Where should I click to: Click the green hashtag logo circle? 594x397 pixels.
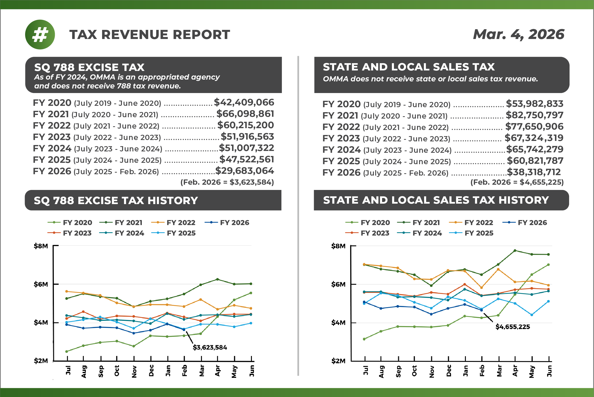tap(40, 34)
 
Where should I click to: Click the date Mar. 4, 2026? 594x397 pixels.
tap(518, 34)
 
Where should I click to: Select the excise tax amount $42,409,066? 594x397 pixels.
tap(244, 102)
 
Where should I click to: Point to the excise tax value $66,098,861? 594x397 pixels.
tap(245, 114)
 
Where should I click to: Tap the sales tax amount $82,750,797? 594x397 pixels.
tap(534, 115)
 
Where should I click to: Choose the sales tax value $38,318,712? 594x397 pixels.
tap(534, 172)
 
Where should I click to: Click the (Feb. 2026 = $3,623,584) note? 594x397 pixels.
tap(227, 182)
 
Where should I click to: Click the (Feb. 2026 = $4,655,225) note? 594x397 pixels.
tap(517, 182)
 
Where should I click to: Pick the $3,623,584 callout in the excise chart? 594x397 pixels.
tap(210, 347)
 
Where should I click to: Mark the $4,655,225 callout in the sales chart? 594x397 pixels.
tap(513, 327)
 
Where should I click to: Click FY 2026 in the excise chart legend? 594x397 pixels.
tap(234, 223)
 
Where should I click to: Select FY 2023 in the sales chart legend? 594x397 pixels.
tap(375, 233)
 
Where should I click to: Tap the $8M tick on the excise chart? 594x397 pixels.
tap(41, 246)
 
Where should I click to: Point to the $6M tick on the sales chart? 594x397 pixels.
tap(338, 284)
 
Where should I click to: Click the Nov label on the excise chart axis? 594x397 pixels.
tap(134, 371)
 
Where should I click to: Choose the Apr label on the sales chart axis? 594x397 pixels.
tap(515, 371)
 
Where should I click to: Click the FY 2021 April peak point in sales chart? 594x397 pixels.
tap(515, 251)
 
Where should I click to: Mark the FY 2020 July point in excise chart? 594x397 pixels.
tap(67, 351)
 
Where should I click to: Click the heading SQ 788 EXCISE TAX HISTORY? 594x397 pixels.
tap(116, 200)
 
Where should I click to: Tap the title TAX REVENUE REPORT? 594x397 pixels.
tap(150, 35)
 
